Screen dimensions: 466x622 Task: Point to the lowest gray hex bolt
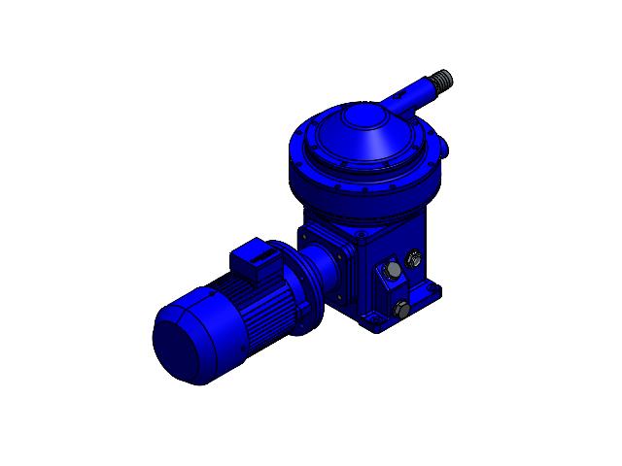(x=402, y=310)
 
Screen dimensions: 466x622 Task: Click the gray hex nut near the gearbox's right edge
(x=415, y=258)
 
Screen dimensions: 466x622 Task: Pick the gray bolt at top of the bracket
(x=394, y=270)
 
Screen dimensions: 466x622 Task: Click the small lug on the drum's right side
(x=444, y=148)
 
